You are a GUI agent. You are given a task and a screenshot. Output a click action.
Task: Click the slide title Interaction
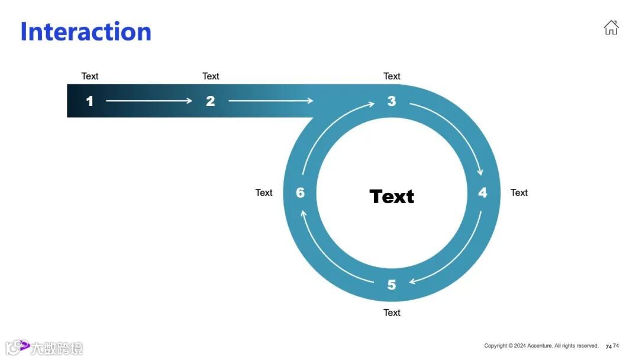[x=86, y=31]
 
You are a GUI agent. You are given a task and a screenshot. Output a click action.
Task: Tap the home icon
[x=611, y=27]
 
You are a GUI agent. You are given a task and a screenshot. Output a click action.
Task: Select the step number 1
[x=89, y=101]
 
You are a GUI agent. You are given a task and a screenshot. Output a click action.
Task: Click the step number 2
[x=210, y=101]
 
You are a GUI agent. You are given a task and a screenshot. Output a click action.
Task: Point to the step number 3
[x=391, y=101]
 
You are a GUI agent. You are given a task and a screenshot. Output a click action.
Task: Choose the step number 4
[x=482, y=193]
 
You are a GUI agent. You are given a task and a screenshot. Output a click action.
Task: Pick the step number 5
[x=391, y=285]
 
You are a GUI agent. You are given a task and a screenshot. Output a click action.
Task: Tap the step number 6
[x=300, y=193]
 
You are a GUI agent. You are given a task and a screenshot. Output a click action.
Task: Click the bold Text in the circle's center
[x=392, y=196]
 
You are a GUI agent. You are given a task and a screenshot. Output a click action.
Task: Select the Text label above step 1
[x=90, y=76]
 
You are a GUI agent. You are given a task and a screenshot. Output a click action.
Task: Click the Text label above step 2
[x=211, y=76]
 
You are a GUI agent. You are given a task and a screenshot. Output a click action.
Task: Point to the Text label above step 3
[x=392, y=76]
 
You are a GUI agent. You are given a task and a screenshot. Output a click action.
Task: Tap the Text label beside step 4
[x=519, y=192]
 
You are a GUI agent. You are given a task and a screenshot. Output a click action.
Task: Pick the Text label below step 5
[x=392, y=313]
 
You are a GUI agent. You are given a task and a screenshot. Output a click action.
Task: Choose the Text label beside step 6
[x=264, y=192]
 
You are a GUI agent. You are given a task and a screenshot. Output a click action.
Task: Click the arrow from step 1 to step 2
[x=149, y=101]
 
